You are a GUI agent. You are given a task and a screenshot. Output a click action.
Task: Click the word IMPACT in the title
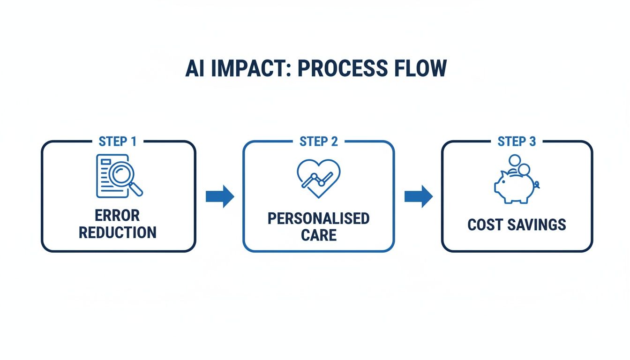tap(247, 68)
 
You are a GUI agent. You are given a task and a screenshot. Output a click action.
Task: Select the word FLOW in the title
tap(420, 68)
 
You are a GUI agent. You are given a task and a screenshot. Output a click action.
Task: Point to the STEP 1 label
tap(118, 142)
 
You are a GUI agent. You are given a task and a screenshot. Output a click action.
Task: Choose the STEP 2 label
tap(319, 142)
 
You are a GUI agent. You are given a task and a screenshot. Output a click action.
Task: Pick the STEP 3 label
tap(517, 142)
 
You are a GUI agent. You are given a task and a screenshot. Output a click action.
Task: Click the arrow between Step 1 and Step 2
tap(220, 196)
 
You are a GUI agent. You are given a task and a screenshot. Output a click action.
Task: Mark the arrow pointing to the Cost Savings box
tap(419, 196)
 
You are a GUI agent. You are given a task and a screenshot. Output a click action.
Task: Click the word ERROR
tap(117, 216)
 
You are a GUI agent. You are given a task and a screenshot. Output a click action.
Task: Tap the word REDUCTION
tap(118, 232)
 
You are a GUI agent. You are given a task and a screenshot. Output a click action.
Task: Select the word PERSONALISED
tap(319, 218)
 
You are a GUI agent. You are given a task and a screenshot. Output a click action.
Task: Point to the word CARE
tap(319, 235)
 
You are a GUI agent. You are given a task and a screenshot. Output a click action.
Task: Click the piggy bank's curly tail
tap(537, 185)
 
